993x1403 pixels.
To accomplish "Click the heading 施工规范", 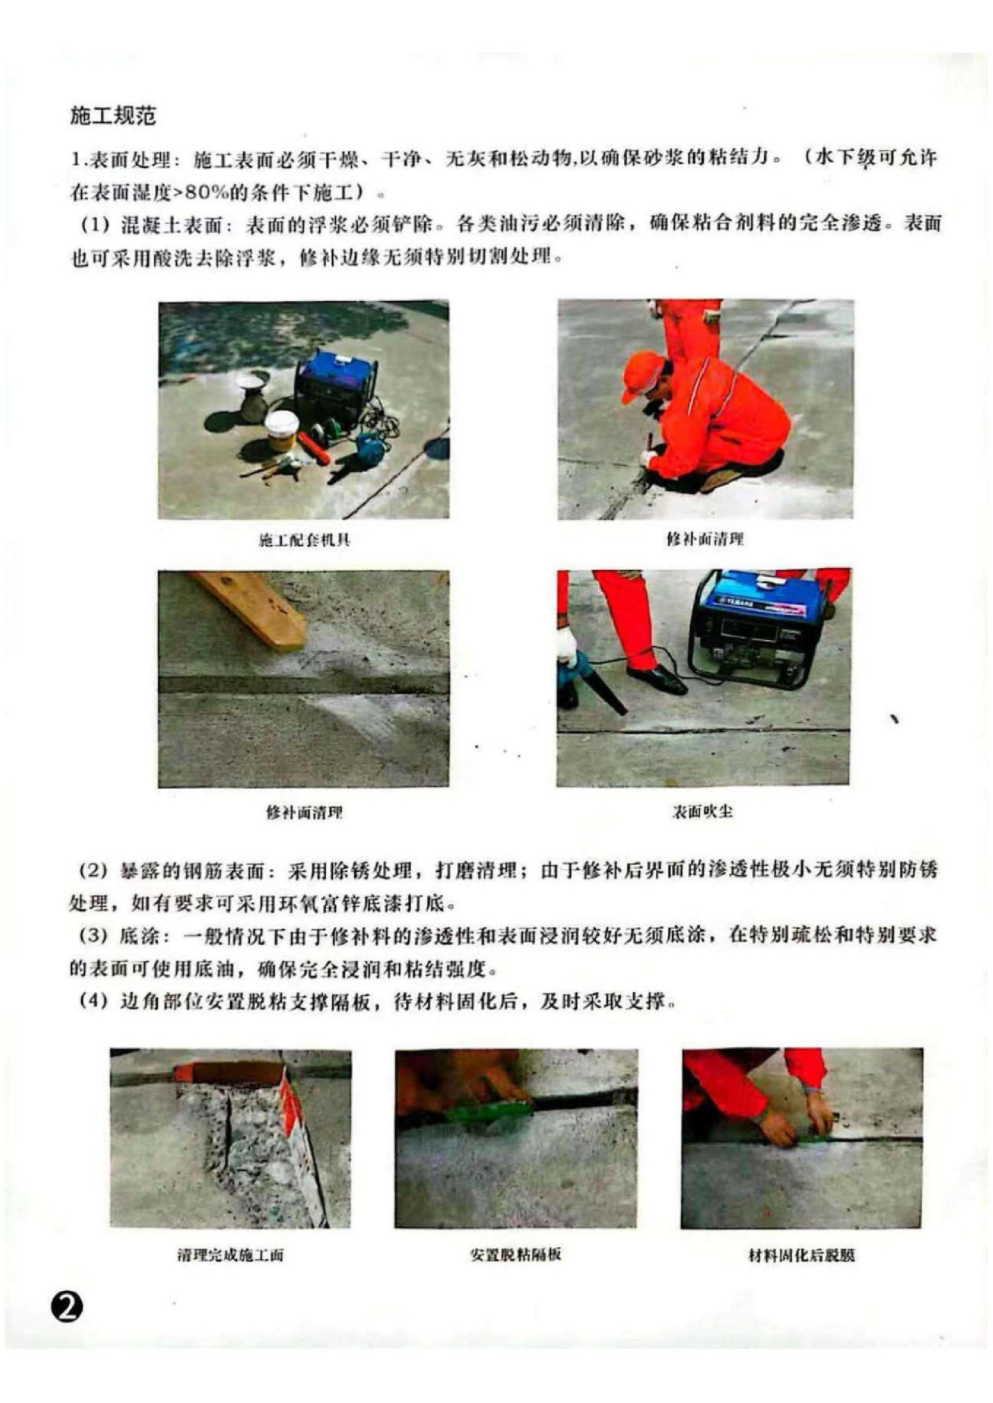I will (x=113, y=116).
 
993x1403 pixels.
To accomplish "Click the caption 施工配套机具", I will (x=305, y=539).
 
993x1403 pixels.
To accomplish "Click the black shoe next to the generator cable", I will (x=658, y=677).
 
